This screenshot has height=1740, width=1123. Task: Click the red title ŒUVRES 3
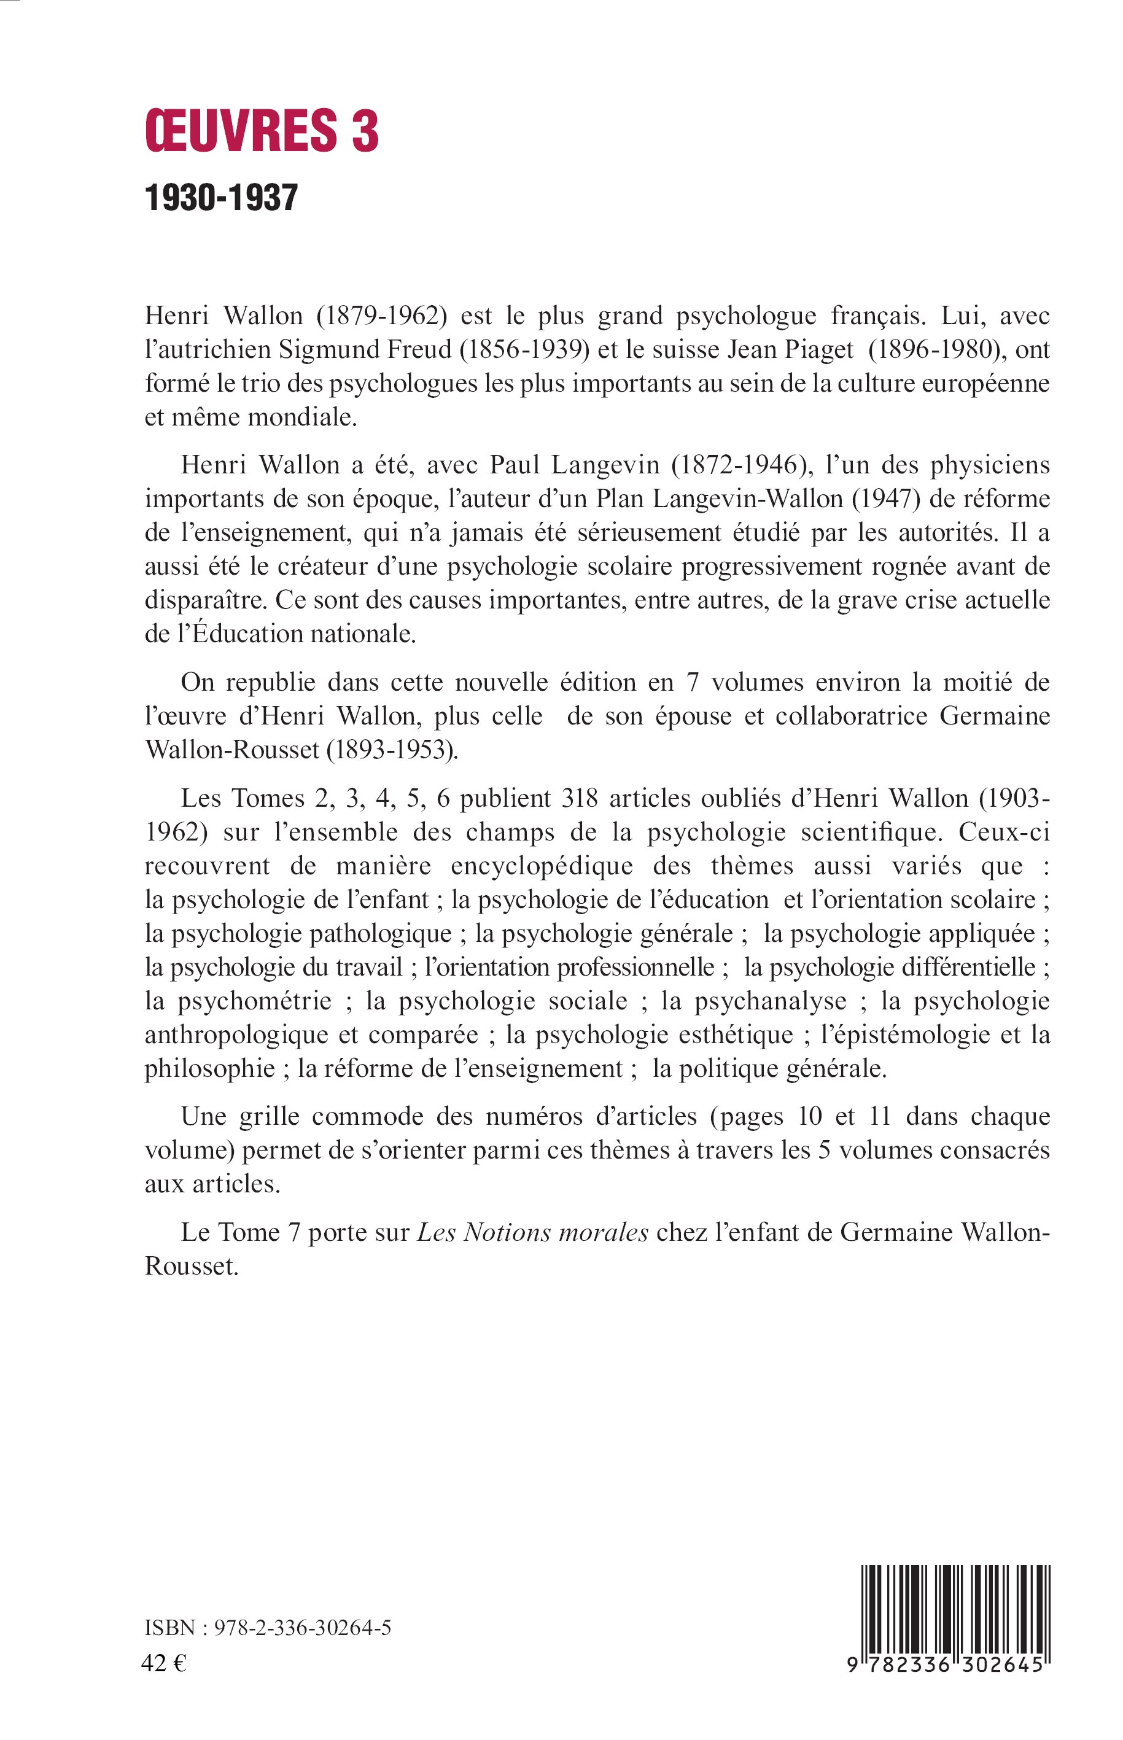pos(262,131)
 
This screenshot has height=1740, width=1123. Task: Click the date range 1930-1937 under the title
pos(222,198)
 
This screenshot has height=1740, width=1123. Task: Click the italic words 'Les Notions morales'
pos(532,1232)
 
